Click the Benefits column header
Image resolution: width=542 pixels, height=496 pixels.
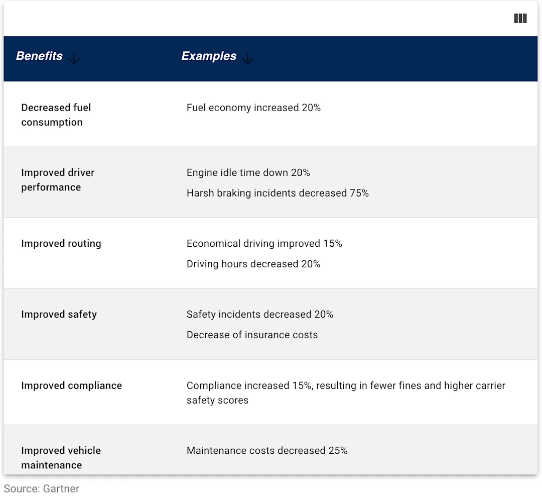pos(39,56)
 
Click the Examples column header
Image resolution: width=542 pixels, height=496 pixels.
pos(209,56)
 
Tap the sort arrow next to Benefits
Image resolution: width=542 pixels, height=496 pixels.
pos(74,59)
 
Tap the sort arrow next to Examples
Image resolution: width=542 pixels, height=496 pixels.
pos(247,59)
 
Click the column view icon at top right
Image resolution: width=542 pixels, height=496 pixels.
pos(520,19)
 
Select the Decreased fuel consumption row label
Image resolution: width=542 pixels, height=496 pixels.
pos(56,115)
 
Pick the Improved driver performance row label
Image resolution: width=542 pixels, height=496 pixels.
pos(57,180)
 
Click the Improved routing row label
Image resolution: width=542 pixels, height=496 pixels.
pos(61,244)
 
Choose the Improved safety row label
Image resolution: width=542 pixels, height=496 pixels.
pos(59,315)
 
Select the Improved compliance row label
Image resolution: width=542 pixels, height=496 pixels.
pos(71,386)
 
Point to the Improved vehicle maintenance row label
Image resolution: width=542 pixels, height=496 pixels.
pos(61,457)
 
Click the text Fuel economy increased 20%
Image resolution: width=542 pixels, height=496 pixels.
pos(253,108)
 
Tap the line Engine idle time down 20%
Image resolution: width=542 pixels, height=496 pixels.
pos(248,173)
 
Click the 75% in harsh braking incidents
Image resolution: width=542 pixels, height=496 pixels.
pos(359,193)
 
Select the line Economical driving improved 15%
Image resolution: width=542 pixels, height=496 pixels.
pos(264,244)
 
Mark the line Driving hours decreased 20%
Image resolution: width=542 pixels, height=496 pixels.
pos(253,264)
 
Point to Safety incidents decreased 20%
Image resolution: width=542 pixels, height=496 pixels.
pos(259,315)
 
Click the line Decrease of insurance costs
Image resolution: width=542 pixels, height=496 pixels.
pos(252,335)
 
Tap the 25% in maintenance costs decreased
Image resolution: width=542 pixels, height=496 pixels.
pos(338,451)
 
